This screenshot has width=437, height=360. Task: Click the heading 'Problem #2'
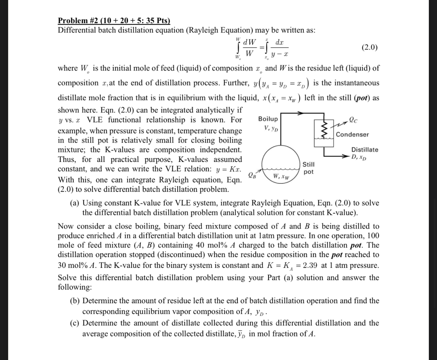point(79,21)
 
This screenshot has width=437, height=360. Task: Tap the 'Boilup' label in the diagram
point(268,119)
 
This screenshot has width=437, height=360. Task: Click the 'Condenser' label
point(352,135)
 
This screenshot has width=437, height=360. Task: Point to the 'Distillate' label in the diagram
point(364,149)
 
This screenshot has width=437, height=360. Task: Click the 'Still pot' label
point(309,168)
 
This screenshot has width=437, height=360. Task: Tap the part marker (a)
point(75,203)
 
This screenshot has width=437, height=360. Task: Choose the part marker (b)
point(75,301)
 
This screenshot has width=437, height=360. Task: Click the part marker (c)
point(75,323)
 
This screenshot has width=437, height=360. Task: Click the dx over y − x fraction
point(279,48)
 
